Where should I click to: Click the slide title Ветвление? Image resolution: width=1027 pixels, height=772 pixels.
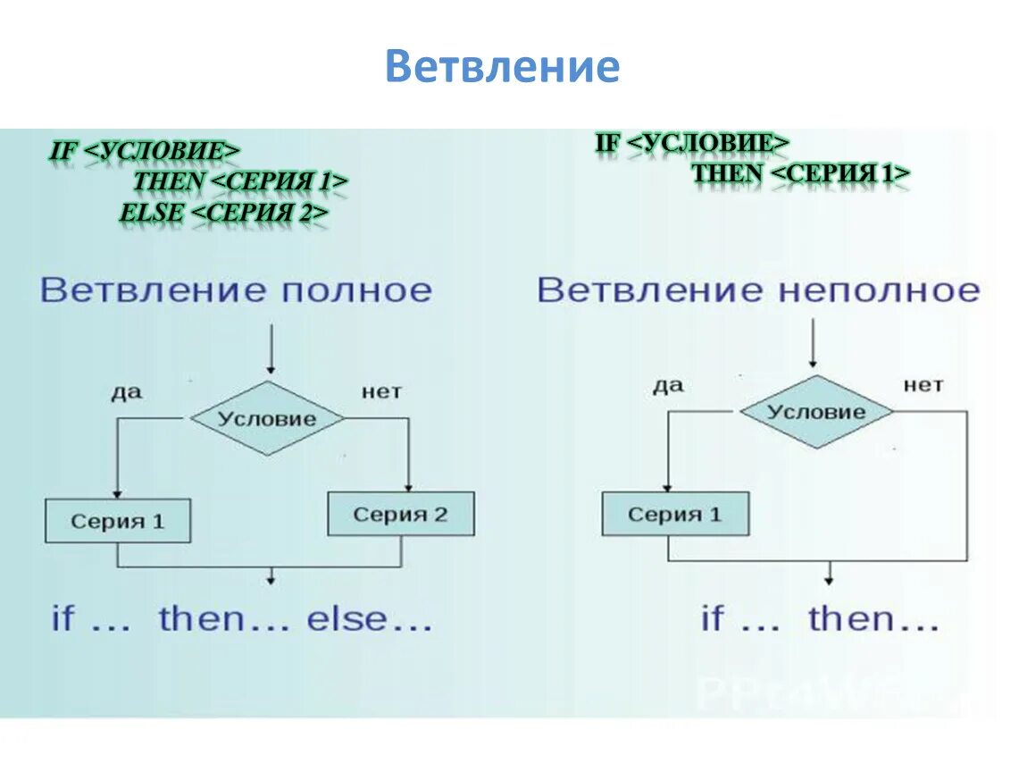pos(502,67)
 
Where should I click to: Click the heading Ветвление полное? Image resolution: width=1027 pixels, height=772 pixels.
pos(236,290)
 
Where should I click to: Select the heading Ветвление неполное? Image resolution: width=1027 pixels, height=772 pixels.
pos(758,290)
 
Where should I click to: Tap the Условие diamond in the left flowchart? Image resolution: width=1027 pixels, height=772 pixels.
pos(268,418)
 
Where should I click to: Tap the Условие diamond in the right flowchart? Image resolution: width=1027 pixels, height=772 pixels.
pos(816,412)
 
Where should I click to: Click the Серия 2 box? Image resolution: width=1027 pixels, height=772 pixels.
pos(401,514)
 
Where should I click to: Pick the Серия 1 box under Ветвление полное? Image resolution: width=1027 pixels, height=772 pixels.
pos(118,521)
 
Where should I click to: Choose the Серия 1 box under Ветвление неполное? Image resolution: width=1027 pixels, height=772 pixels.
pos(675,514)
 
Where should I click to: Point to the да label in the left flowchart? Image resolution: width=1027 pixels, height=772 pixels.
pos(127,391)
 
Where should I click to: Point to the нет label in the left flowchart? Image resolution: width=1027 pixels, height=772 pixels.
pos(381,391)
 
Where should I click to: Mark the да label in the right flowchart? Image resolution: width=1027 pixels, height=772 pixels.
pos(667,385)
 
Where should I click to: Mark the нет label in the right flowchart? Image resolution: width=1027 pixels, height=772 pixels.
pos(923,385)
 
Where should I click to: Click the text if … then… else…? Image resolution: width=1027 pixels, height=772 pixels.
pos(242,619)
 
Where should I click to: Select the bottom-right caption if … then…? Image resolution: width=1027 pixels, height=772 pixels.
pos(820,618)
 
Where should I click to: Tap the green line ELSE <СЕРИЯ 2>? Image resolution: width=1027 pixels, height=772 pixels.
pos(224,213)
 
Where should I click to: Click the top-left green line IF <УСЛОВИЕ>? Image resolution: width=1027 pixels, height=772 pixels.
pos(145,150)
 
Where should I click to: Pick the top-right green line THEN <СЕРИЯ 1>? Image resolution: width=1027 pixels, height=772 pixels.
pos(801,173)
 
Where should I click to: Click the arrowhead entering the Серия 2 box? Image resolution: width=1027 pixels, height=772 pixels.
pos(408,486)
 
